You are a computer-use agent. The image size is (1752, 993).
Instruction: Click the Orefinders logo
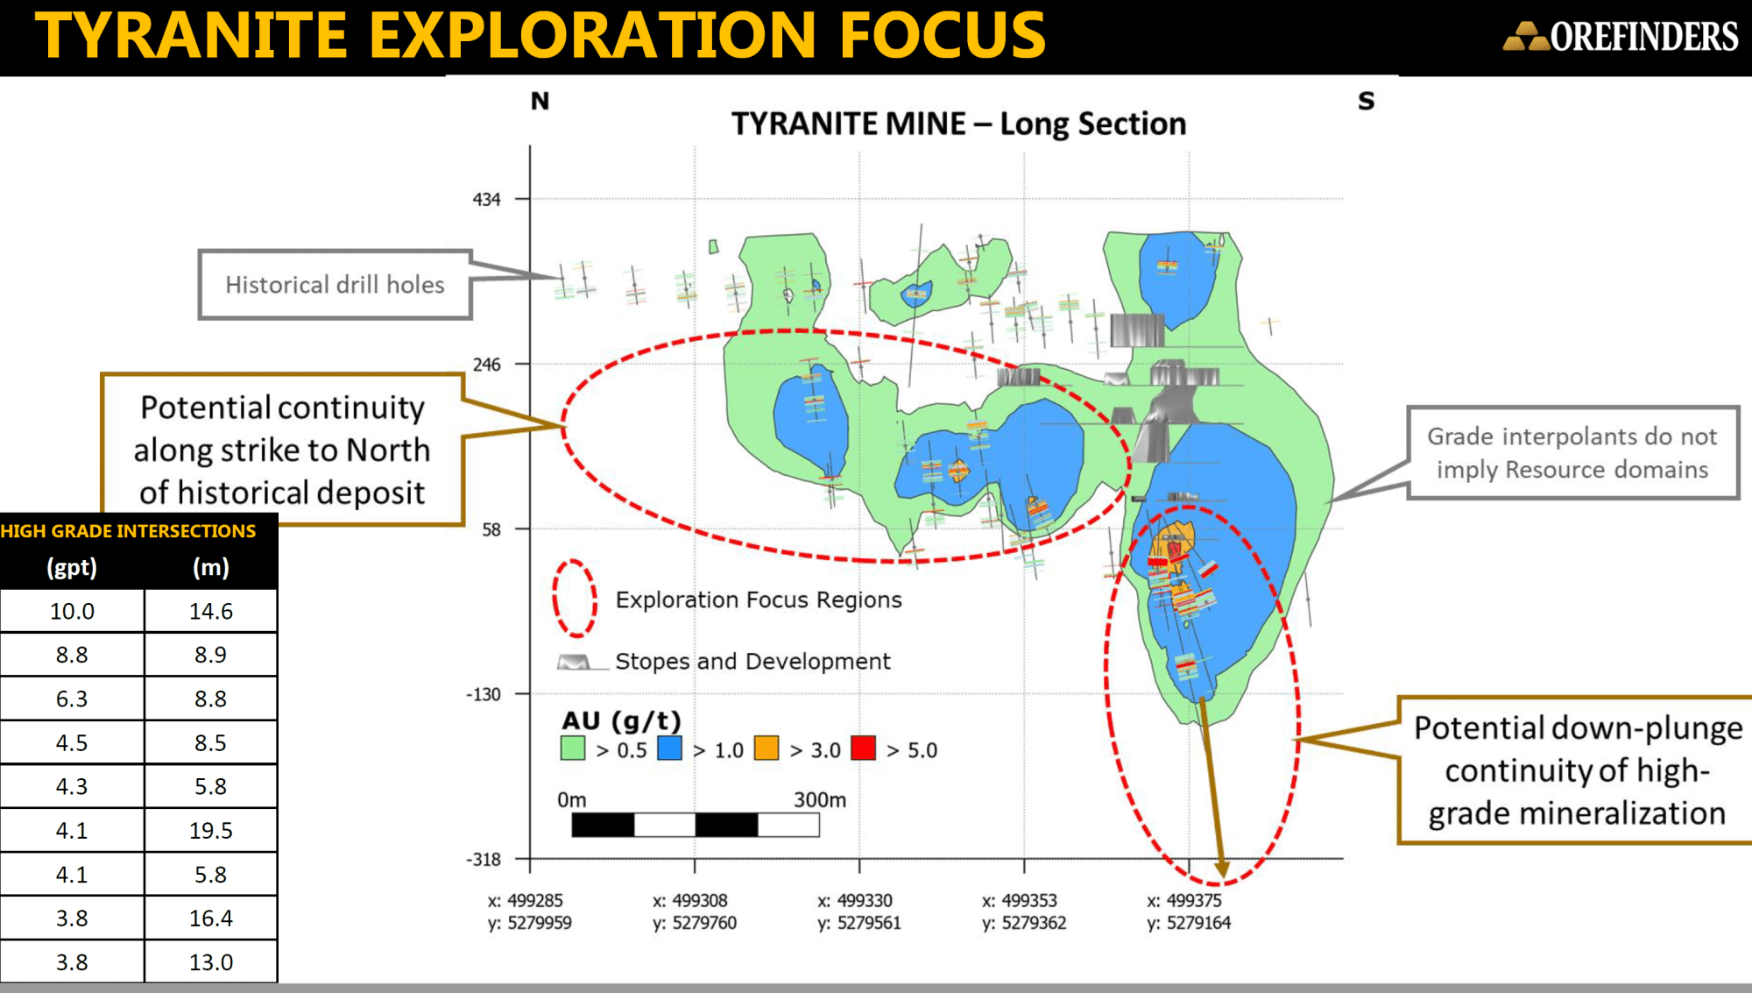[x=1621, y=36]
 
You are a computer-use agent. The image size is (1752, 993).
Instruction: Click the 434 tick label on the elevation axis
[x=486, y=199]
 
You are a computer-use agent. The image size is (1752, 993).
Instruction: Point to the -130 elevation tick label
[x=484, y=694]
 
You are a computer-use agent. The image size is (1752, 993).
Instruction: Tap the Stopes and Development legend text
[x=752, y=661]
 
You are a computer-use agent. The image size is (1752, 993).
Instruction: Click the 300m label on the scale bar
[x=820, y=799]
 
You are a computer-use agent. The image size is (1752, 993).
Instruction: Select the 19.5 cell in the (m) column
[x=211, y=830]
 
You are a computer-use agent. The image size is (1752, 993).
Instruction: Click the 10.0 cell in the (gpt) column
[x=72, y=611]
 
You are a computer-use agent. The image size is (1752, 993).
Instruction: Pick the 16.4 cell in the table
[x=211, y=918]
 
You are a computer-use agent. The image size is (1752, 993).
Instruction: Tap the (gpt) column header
[x=72, y=567]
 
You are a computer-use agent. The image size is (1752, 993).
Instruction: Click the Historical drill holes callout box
[x=335, y=285]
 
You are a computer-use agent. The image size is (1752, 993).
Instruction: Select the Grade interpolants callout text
[x=1572, y=452]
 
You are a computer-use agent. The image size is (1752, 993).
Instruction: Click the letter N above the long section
[x=540, y=102]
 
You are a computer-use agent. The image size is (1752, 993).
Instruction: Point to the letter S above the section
[x=1367, y=101]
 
